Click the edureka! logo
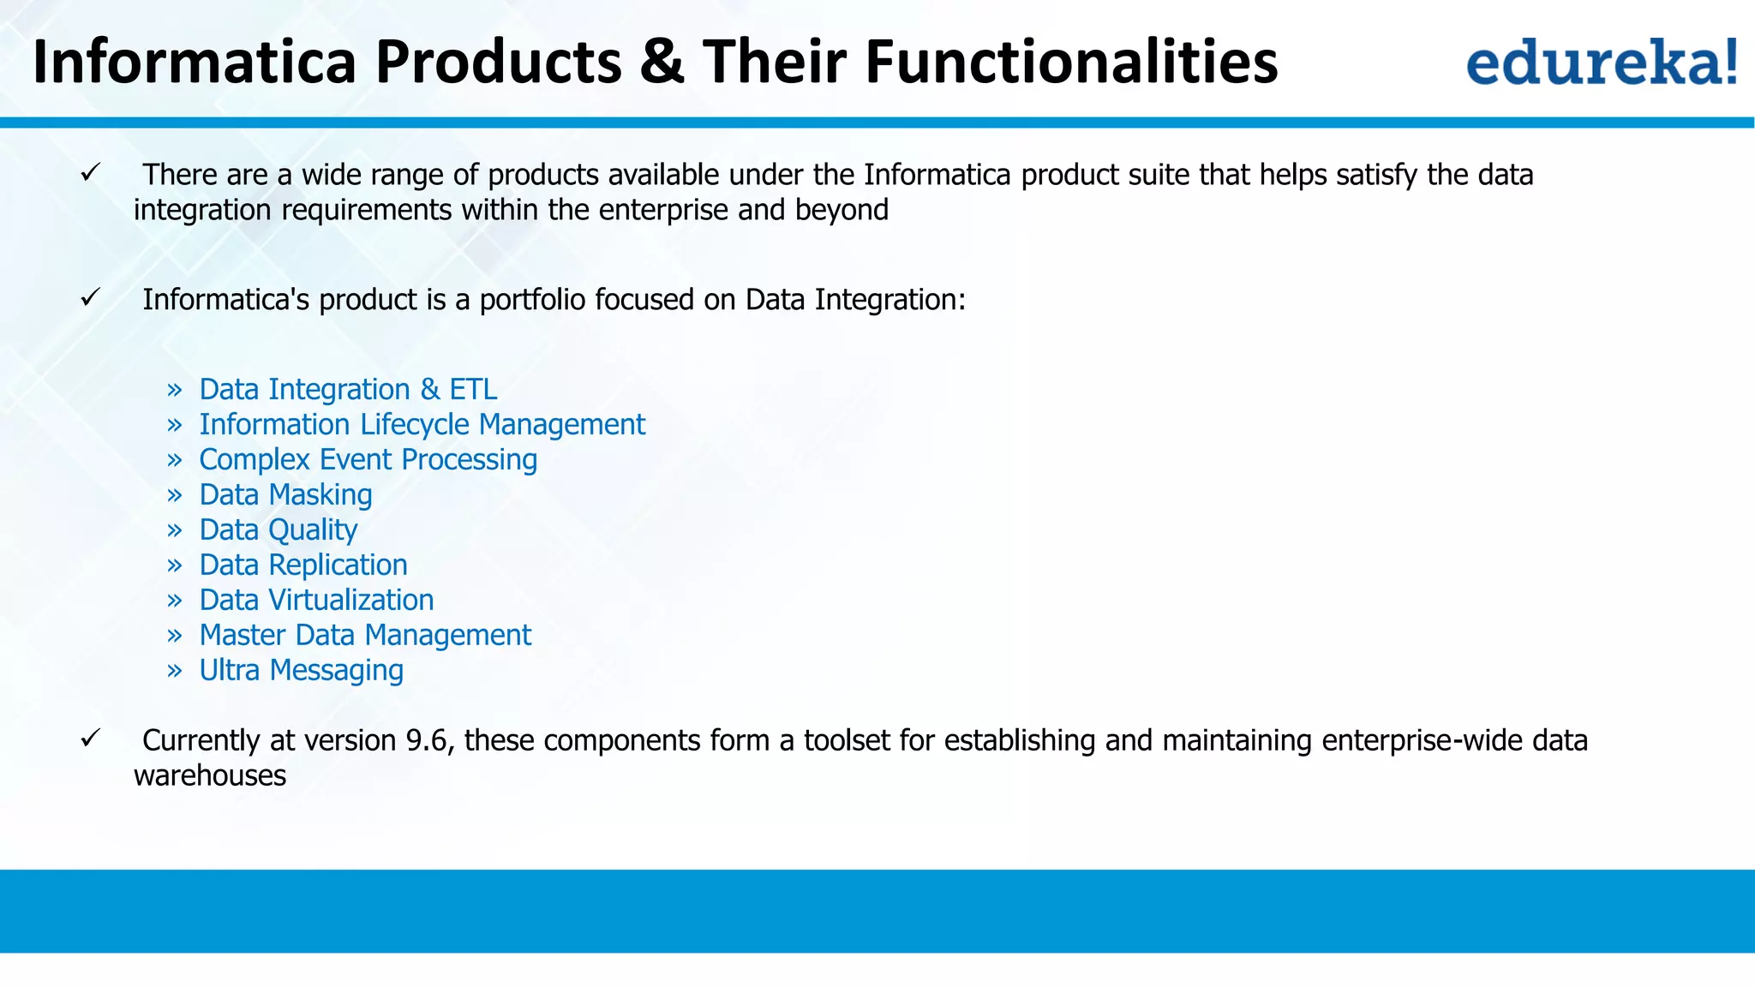click(1601, 62)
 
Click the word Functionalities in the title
click(1071, 62)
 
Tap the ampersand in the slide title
click(662, 62)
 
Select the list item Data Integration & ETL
click(348, 390)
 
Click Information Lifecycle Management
click(422, 425)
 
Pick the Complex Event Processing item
click(368, 460)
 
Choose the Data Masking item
click(285, 495)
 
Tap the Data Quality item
click(278, 530)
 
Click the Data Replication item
click(302, 565)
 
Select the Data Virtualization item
click(316, 601)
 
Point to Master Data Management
click(365, 636)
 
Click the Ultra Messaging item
click(301, 671)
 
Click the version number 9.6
click(427, 740)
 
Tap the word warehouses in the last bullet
click(210, 775)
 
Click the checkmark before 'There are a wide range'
click(91, 173)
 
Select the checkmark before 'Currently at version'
click(91, 739)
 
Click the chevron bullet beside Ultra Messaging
click(175, 671)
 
